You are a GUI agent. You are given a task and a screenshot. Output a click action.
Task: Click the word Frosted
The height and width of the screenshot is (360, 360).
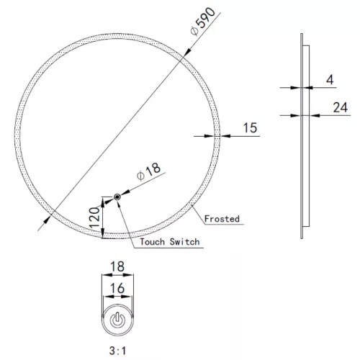(222, 217)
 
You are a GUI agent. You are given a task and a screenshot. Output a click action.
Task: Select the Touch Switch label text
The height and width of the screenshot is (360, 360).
(170, 242)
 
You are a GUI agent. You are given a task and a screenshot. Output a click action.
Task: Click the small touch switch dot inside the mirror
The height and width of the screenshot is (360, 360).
(117, 197)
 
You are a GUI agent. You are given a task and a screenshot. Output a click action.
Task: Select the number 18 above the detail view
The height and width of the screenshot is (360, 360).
(117, 267)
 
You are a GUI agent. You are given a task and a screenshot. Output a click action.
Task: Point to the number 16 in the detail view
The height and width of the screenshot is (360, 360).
(117, 287)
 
